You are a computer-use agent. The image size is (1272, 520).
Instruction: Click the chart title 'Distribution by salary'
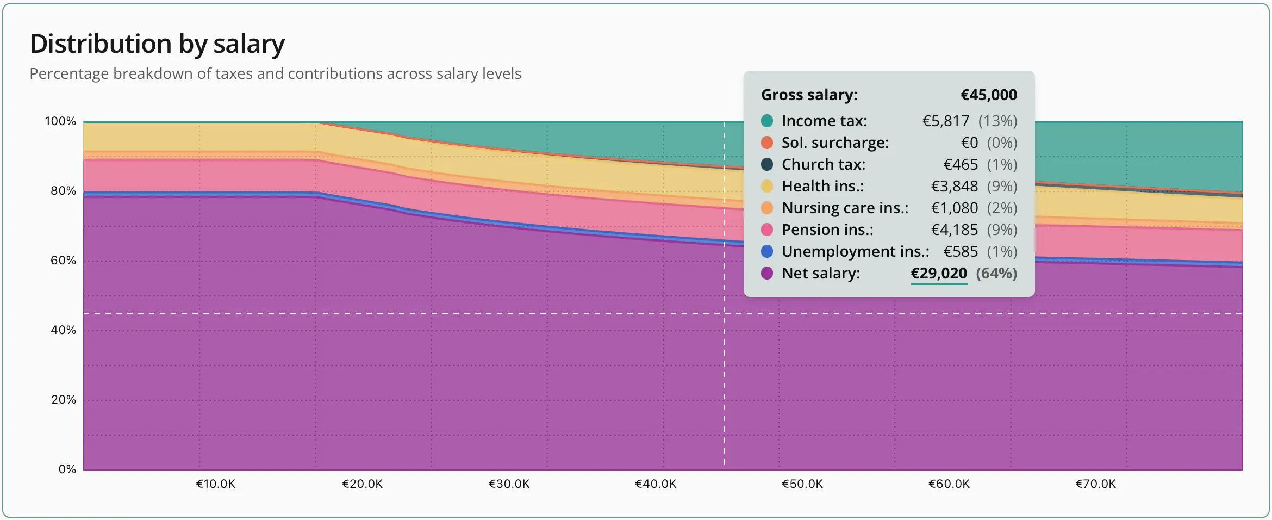click(x=157, y=44)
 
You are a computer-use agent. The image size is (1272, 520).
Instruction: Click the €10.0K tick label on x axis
click(x=216, y=484)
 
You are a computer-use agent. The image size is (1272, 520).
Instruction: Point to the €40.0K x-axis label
click(x=656, y=484)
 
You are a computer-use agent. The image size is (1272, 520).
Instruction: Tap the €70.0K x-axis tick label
click(x=1095, y=484)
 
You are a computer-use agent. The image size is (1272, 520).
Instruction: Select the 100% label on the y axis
click(x=60, y=121)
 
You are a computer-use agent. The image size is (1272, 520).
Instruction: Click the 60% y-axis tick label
click(x=63, y=261)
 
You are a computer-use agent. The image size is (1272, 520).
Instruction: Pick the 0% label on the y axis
click(x=67, y=469)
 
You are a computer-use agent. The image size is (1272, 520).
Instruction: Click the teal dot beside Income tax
click(x=767, y=121)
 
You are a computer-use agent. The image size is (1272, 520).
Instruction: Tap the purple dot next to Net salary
click(x=767, y=273)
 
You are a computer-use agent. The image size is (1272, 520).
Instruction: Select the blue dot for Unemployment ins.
click(x=767, y=251)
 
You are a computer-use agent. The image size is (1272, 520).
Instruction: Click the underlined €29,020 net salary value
click(x=939, y=273)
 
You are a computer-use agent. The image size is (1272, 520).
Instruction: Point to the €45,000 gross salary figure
click(x=989, y=95)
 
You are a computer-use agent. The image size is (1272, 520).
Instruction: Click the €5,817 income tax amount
click(x=946, y=121)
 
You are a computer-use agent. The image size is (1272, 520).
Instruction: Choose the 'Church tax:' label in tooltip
click(x=824, y=164)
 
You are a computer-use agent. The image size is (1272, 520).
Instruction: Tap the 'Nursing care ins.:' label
click(x=845, y=208)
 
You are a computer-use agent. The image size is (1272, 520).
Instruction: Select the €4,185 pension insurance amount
click(x=955, y=230)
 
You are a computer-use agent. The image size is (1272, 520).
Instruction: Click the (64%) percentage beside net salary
click(x=996, y=273)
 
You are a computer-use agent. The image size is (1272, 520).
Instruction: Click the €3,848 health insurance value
click(x=955, y=186)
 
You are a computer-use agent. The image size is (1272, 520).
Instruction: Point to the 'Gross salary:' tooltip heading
click(x=809, y=95)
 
